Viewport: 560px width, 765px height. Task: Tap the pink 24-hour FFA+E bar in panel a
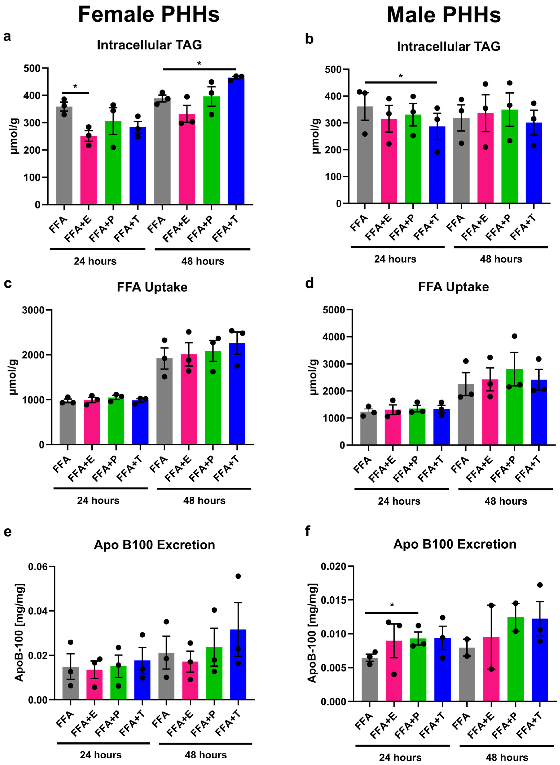pos(88,170)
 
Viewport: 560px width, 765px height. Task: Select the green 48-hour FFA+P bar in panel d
pos(514,407)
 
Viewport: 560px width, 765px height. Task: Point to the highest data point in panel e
pos(238,576)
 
